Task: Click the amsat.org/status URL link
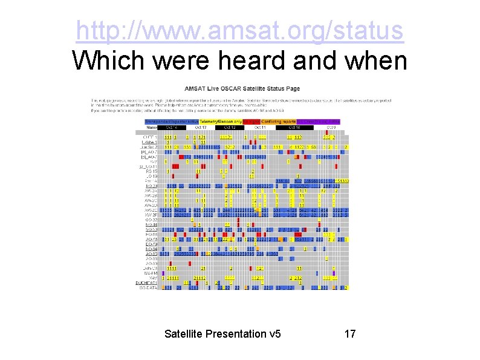(x=240, y=30)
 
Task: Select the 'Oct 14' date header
(x=172, y=128)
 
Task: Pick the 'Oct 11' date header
(x=261, y=128)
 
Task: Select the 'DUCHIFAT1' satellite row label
(x=146, y=283)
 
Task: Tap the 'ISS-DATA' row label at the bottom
(x=148, y=288)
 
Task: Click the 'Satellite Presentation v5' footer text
(x=222, y=333)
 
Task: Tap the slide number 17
(x=350, y=333)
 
